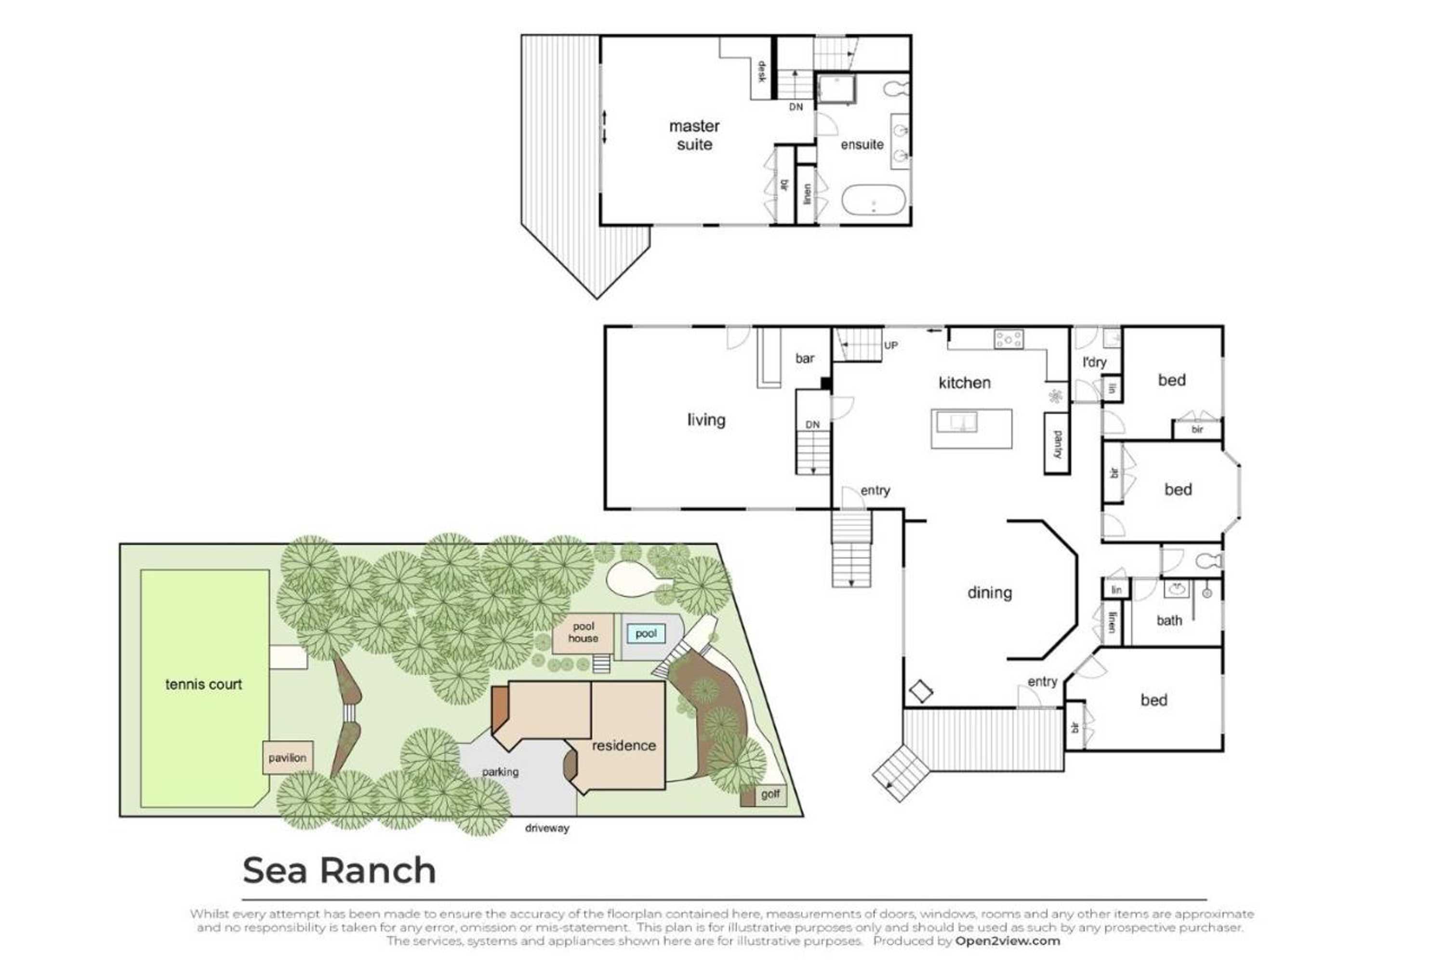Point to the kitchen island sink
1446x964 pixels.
click(x=955, y=422)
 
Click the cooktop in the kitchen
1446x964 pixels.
click(x=1008, y=339)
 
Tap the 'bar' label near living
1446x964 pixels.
click(x=804, y=359)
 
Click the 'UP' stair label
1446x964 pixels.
click(x=890, y=346)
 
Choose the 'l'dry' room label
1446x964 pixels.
click(x=1094, y=362)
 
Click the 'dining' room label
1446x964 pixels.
click(x=989, y=593)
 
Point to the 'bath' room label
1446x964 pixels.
click(x=1169, y=620)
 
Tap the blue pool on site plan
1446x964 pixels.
click(x=645, y=633)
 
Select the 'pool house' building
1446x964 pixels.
click(x=583, y=632)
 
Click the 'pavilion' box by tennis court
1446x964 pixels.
click(x=287, y=757)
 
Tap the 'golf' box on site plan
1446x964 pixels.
click(x=769, y=794)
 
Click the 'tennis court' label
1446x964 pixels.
click(x=203, y=684)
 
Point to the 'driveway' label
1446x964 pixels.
click(x=546, y=828)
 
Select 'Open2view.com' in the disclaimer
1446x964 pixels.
click(x=1007, y=941)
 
